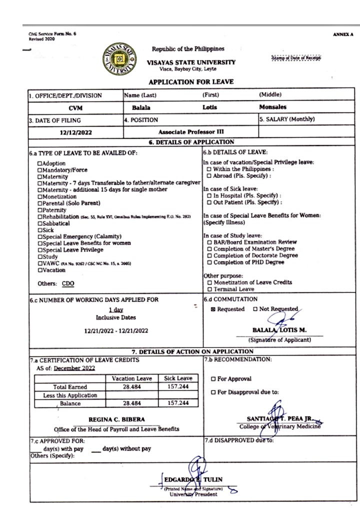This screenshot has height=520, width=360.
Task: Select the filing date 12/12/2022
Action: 75,132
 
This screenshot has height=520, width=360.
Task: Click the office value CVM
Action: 75,107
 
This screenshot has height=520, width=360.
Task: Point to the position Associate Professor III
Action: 191,132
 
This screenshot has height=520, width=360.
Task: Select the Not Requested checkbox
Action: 255,309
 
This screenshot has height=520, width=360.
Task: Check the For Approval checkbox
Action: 213,379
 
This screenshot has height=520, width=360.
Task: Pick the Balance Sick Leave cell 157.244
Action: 178,403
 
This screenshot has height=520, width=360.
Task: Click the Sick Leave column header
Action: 178,378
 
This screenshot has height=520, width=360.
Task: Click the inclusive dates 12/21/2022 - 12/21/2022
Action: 116,330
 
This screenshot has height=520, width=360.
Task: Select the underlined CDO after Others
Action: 68,283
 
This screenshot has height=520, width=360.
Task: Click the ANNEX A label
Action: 342,34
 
